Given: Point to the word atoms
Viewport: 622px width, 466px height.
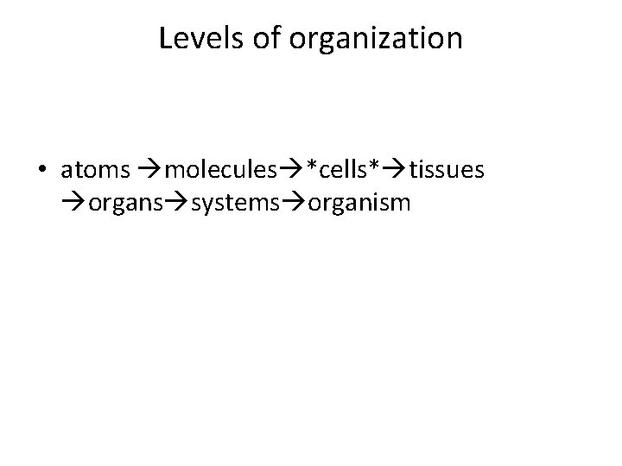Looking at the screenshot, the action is coord(95,172).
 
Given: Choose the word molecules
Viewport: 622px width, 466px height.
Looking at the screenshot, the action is coord(215,172).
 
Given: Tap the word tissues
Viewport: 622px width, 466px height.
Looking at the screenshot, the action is coord(447,172).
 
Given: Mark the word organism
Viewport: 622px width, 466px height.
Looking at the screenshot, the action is coord(354,205).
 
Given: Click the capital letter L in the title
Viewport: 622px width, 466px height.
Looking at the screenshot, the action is coord(165,39).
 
